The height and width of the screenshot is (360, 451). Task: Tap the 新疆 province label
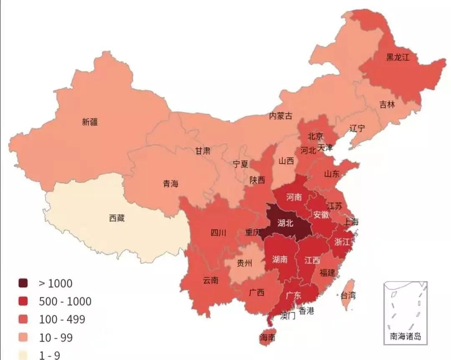(x=90, y=122)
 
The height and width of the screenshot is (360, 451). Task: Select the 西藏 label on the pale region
(x=117, y=218)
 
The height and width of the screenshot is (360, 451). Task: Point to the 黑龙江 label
(x=398, y=57)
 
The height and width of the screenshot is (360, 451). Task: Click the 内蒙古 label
(x=281, y=116)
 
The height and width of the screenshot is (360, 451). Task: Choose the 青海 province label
(x=170, y=183)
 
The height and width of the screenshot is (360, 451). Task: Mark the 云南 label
(x=210, y=280)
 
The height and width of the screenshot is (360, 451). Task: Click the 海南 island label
(x=267, y=337)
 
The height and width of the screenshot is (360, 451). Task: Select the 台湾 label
(x=348, y=296)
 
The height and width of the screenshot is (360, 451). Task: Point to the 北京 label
(x=315, y=136)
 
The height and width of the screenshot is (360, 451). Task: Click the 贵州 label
(x=245, y=263)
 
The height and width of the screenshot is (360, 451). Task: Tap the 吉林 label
(x=387, y=104)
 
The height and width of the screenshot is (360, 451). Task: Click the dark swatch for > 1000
(x=23, y=284)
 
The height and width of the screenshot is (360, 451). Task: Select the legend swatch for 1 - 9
(x=23, y=355)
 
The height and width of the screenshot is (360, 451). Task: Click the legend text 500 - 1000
(x=65, y=302)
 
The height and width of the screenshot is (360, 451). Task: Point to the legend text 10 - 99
(x=56, y=337)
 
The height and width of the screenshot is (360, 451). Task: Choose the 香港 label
(x=307, y=310)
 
